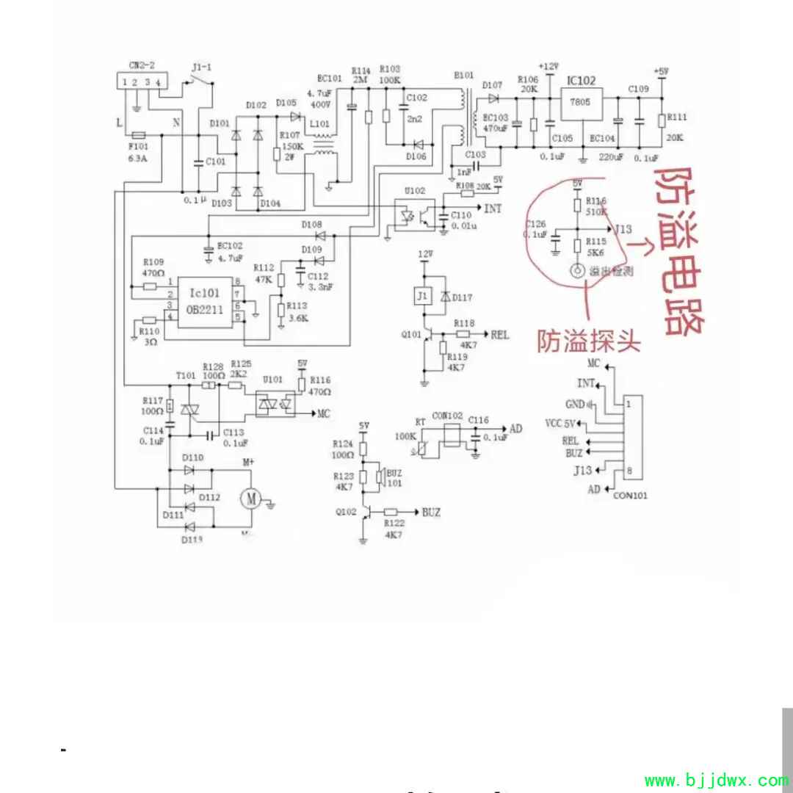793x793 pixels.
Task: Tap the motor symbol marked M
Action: (x=251, y=499)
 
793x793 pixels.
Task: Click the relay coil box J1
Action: (x=421, y=297)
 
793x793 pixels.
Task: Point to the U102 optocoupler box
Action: (x=414, y=214)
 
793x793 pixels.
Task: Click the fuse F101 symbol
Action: (x=137, y=135)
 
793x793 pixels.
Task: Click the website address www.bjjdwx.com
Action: (x=716, y=780)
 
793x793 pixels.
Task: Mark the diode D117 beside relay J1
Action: (x=444, y=297)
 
